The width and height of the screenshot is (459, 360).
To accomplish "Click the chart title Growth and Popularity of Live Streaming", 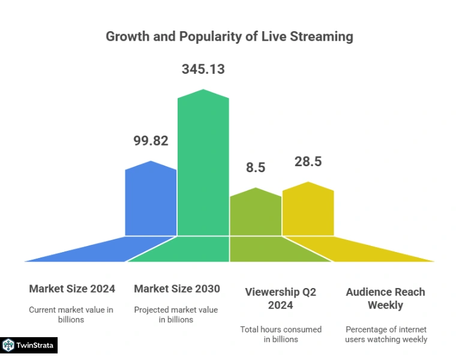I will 229,37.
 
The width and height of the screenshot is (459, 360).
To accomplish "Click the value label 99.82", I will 151,141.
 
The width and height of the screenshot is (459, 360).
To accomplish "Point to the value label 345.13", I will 203,69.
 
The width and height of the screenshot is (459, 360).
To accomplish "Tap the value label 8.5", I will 256,167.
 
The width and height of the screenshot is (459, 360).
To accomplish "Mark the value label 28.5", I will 308,161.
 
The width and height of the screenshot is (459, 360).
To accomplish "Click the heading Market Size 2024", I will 72,289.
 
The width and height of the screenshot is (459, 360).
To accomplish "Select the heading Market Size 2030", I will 177,289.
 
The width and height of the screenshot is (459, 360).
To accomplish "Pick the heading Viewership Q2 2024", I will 280,298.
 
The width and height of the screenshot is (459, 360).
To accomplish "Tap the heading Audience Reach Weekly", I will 385,298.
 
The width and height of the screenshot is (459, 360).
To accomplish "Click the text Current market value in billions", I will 71,314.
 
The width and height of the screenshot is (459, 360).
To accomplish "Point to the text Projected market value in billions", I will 176,314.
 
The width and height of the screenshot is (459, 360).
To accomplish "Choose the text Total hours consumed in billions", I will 281,334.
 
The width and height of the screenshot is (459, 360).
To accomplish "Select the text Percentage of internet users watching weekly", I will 386,334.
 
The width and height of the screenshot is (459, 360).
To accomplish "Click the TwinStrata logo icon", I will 8,345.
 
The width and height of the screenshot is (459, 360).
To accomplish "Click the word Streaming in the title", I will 322,37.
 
